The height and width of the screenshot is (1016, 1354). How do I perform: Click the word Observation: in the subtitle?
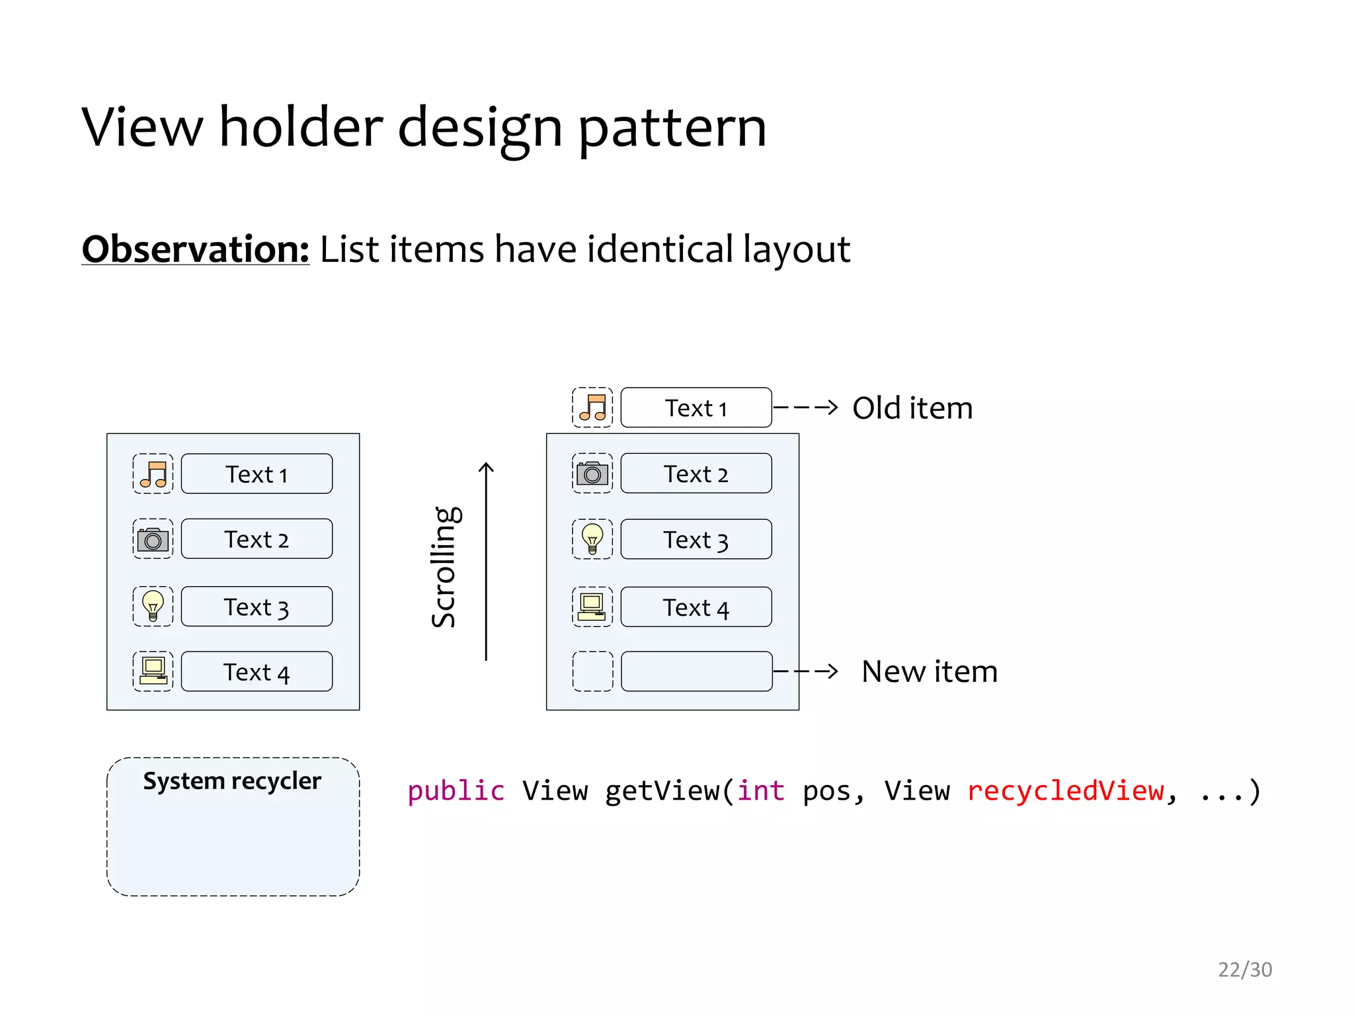[195, 249]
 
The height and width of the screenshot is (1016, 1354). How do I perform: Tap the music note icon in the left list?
[153, 474]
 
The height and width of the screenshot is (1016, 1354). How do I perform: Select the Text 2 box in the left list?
[257, 539]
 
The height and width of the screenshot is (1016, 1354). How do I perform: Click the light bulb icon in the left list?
[153, 606]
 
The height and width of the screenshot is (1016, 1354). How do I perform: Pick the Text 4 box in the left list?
[257, 672]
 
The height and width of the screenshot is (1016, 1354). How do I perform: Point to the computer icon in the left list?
[153, 671]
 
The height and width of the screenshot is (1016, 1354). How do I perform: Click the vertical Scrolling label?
[444, 566]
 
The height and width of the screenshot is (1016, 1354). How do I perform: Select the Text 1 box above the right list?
[696, 407]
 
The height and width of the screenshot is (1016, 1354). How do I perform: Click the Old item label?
[912, 408]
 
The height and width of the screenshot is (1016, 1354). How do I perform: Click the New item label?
[929, 671]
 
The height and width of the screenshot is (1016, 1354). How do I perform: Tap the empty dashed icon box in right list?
[592, 671]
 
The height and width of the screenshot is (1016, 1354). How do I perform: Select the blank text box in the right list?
[696, 671]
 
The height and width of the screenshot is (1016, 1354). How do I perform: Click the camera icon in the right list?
[592, 474]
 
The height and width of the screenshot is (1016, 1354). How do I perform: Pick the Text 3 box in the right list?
[696, 540]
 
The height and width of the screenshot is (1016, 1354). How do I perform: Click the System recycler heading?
[232, 781]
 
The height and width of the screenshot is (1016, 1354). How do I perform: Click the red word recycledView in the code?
[1065, 791]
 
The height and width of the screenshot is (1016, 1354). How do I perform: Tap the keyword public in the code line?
[456, 791]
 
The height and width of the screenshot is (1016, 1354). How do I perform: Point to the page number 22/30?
[1244, 970]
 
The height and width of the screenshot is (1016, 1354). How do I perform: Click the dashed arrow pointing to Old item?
[805, 407]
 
